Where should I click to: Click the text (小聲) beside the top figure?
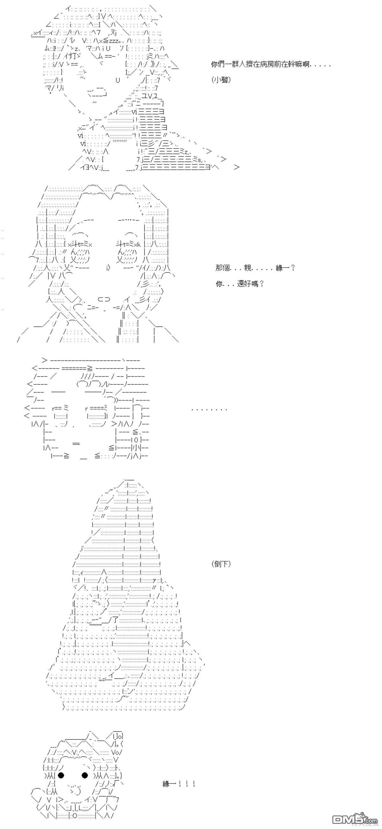click(x=221, y=80)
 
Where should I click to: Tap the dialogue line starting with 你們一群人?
click(x=271, y=64)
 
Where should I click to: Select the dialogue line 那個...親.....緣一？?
click(x=255, y=268)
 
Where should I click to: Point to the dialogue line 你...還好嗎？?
click(x=240, y=284)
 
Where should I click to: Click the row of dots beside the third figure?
click(x=209, y=410)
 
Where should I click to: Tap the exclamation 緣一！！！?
click(x=179, y=784)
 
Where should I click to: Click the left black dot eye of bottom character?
click(x=63, y=775)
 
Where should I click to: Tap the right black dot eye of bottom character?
click(x=85, y=775)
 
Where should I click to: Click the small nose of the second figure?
click(x=108, y=268)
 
